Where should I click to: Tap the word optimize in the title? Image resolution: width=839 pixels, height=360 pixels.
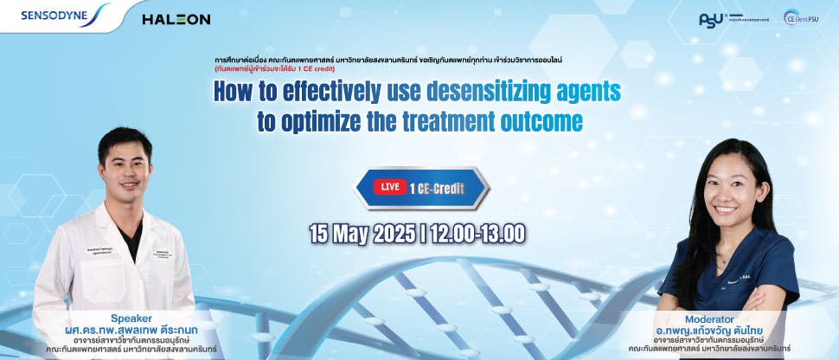pos(330,120)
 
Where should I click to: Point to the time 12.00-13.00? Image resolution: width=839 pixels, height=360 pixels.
pos(478,233)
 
